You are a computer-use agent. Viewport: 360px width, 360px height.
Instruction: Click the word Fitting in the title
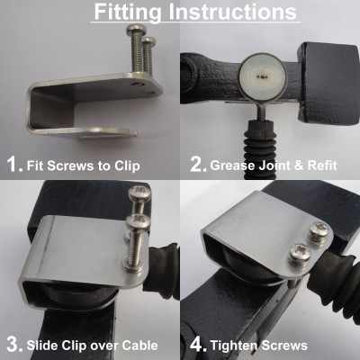(x=128, y=13)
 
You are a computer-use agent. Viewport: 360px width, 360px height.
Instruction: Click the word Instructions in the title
(x=232, y=12)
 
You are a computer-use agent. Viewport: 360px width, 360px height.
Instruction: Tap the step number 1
(x=14, y=165)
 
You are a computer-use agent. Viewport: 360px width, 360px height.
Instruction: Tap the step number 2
(x=198, y=165)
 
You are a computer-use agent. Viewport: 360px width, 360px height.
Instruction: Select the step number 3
(x=14, y=345)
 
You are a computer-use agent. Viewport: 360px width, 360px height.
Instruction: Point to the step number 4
(x=198, y=345)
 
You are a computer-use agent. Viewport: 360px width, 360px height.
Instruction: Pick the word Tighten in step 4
(x=233, y=346)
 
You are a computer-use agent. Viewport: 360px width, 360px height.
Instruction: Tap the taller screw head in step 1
(x=137, y=29)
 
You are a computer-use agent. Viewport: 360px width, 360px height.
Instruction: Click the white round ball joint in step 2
(x=263, y=76)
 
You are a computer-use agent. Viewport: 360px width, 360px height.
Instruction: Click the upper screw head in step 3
(x=139, y=193)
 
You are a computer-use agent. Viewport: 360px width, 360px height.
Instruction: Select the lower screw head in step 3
(x=138, y=222)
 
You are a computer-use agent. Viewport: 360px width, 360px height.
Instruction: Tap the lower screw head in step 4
(x=300, y=253)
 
